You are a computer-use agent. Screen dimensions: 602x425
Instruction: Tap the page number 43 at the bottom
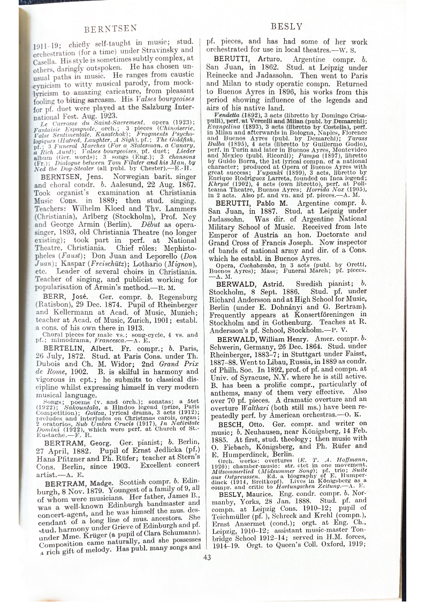point(207,556)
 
